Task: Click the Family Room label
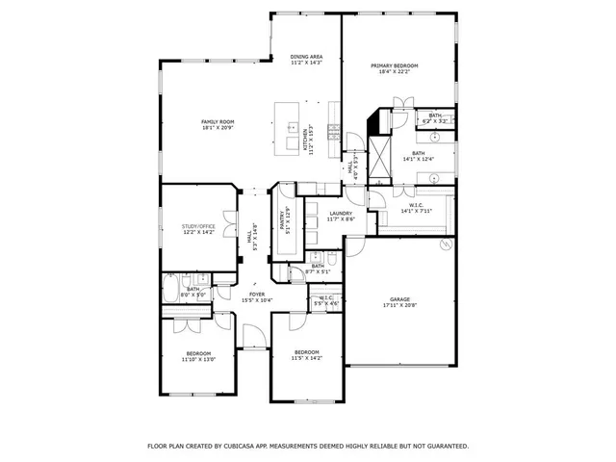coord(218,121)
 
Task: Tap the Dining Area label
coord(306,57)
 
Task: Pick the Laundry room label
coord(341,214)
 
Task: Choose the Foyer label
coord(257,295)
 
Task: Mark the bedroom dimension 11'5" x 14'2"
coord(306,358)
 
